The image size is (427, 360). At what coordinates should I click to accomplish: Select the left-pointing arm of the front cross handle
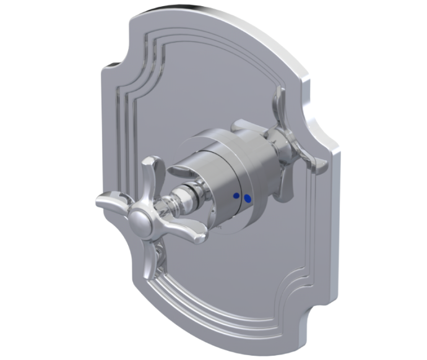click(111, 202)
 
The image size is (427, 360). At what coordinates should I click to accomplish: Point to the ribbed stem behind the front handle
click(179, 197)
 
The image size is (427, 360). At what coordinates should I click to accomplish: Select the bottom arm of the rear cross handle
click(285, 182)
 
